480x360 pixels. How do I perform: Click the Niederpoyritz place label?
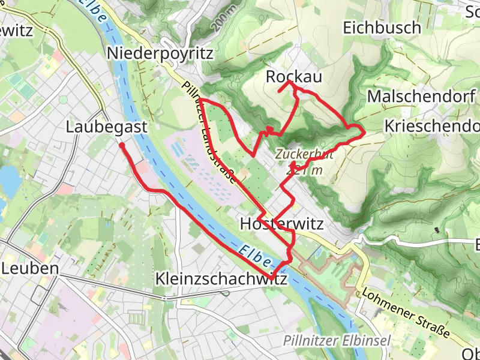[x=160, y=53]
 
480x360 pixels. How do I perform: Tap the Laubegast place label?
[x=107, y=127]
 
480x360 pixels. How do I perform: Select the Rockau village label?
[x=293, y=77]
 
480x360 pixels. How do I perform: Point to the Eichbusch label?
[x=382, y=28]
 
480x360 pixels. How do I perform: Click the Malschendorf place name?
[x=422, y=96]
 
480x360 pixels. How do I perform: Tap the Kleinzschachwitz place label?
[x=221, y=280]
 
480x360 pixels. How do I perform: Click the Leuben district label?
[x=30, y=268]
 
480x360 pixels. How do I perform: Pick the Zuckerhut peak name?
[x=305, y=154]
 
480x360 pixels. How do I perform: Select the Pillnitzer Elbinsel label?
[x=337, y=341]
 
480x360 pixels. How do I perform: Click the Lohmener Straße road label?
[x=406, y=313]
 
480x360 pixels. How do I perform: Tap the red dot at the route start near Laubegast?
[x=122, y=145]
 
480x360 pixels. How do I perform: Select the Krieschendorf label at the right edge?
[x=432, y=126]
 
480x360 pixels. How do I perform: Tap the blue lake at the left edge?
[x=7, y=178]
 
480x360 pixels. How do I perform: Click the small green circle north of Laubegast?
[x=63, y=100]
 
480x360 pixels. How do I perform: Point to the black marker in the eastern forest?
[x=437, y=229]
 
